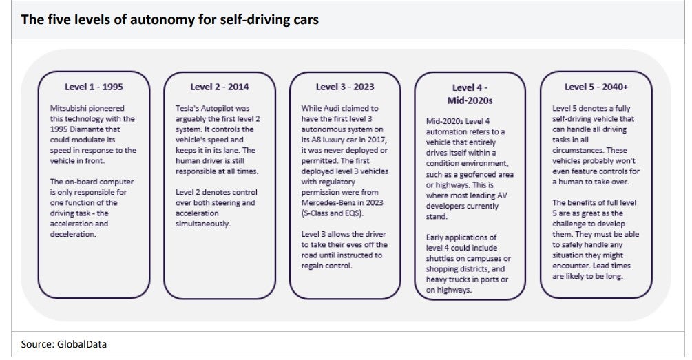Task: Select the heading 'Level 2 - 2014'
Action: [220, 87]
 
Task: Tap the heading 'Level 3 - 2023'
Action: [345, 87]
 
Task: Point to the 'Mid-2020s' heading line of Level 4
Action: [470, 100]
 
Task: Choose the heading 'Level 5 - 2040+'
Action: [596, 87]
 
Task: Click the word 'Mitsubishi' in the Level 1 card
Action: [70, 109]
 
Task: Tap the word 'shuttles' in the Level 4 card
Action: [441, 259]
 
